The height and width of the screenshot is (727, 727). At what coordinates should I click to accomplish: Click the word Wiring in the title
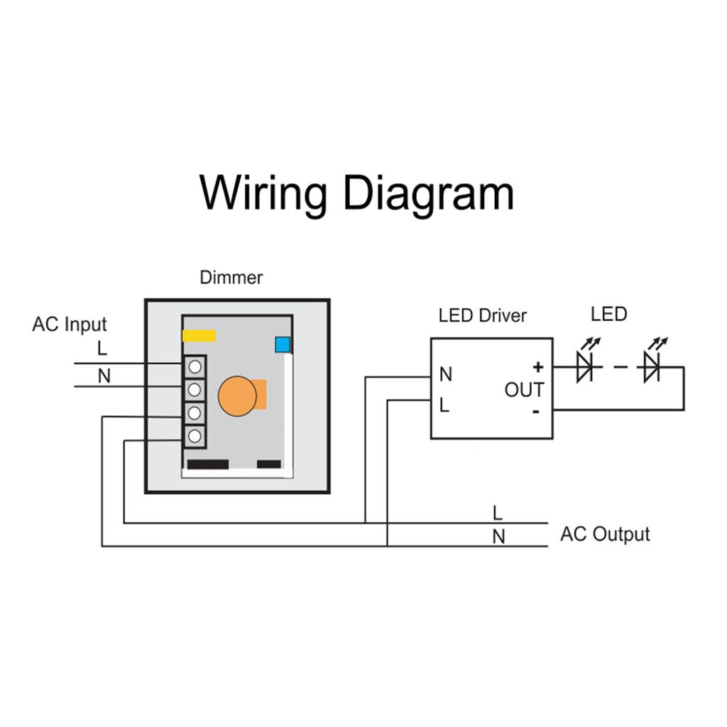[x=263, y=193]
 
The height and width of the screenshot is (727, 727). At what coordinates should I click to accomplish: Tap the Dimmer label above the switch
[x=231, y=278]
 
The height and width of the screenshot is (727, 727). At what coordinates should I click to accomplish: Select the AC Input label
[x=69, y=324]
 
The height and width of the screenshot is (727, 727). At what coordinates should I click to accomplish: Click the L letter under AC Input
[x=102, y=349]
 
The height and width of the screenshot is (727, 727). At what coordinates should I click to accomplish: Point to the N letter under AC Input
[x=104, y=376]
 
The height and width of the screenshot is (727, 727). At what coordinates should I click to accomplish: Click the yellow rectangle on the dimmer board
[x=199, y=336]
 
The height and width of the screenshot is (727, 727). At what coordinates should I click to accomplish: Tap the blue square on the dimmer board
[x=283, y=345]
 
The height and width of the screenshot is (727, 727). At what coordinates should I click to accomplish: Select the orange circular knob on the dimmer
[x=236, y=395]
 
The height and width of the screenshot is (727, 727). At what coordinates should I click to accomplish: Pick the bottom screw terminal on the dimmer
[x=195, y=435]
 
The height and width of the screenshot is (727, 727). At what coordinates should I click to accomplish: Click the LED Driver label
[x=482, y=315]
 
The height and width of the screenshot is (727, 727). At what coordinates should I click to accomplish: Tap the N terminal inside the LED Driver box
[x=446, y=374]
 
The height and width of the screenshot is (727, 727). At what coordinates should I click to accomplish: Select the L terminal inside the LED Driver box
[x=444, y=405]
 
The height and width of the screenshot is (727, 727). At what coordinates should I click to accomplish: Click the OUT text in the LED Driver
[x=524, y=390]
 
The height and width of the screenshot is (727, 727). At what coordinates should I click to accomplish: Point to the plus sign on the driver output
[x=537, y=367]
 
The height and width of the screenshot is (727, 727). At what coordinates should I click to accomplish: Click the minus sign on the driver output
[x=536, y=411]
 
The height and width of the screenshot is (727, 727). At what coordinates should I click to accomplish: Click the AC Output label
[x=605, y=534]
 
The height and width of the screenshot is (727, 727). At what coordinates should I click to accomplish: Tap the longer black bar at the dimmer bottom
[x=207, y=464]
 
